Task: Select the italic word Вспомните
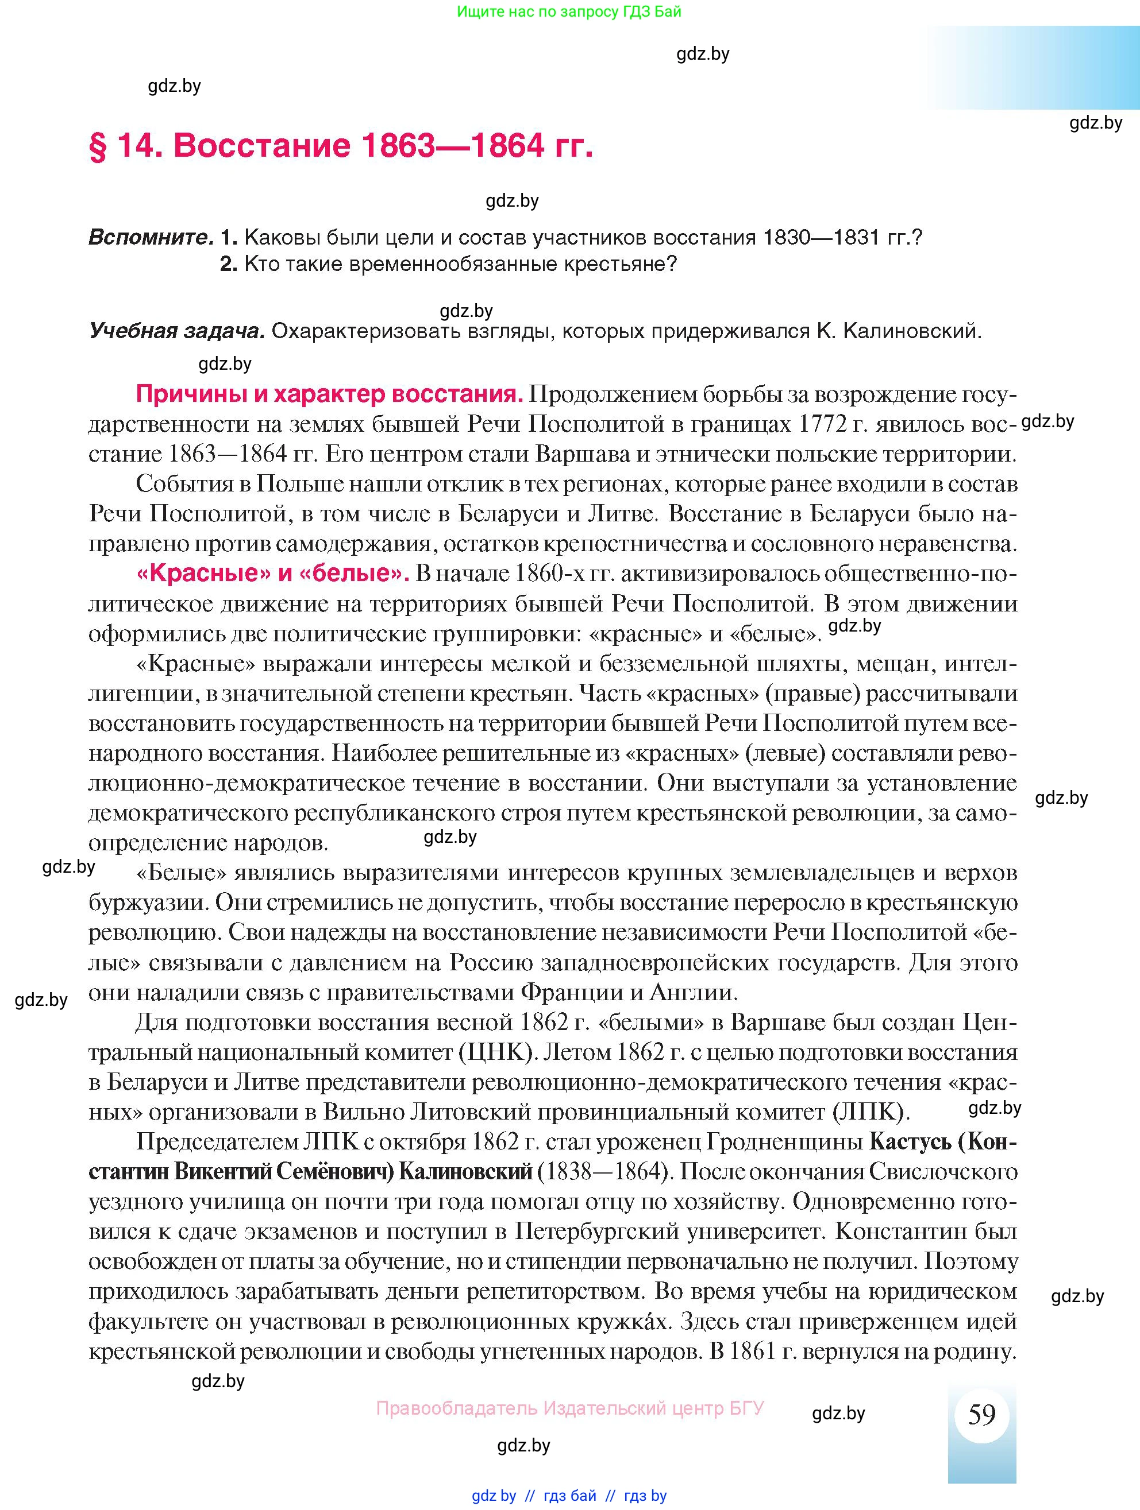(x=151, y=238)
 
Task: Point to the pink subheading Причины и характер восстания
(x=329, y=394)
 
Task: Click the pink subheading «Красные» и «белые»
(x=272, y=574)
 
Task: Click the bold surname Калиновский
(x=464, y=1172)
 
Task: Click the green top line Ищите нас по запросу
(x=568, y=11)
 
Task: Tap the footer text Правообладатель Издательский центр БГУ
(x=569, y=1408)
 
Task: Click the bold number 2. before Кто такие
(x=228, y=264)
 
